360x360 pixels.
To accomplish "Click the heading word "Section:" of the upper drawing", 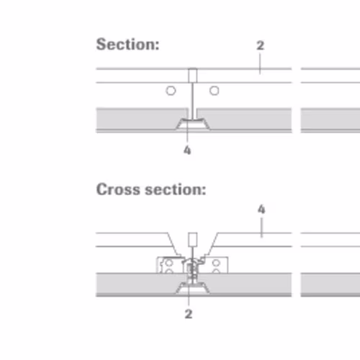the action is coord(127,45).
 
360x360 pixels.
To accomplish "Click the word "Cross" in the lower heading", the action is coord(118,189).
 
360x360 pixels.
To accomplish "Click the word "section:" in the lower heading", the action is coord(176,189).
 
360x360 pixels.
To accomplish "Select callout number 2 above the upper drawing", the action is coord(261,45).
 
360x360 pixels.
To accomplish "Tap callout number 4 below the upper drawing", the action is coord(187,150).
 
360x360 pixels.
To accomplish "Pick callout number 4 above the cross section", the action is coord(261,210).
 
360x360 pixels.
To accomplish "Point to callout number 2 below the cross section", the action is coord(189,314).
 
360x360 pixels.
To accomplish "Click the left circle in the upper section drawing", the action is coord(171,91).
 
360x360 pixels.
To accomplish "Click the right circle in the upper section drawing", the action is coord(215,91).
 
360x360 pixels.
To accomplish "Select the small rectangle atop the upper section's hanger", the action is coord(193,76).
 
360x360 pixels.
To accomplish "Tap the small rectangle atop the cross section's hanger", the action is coord(193,240).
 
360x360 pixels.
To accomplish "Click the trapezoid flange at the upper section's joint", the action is coord(192,125).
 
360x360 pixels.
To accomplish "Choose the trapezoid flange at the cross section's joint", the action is coord(192,288).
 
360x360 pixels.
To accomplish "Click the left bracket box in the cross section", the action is coord(169,265).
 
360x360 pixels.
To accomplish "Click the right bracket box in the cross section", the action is coord(217,265).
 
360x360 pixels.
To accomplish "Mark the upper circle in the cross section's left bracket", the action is coord(169,263).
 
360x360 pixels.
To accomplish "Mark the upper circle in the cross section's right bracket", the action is coord(216,263).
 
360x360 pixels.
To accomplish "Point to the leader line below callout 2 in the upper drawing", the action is coord(260,63).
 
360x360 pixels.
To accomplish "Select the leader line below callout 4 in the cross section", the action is coord(261,228).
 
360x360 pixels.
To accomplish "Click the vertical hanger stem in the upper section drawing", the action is coord(192,101).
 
